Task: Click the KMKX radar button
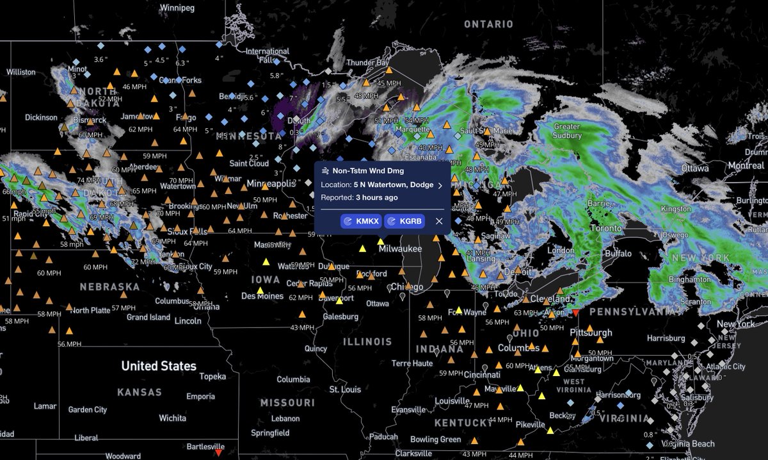pyautogui.click(x=361, y=221)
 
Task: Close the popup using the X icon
pyautogui.click(x=439, y=221)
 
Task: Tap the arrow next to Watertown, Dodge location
pyautogui.click(x=440, y=185)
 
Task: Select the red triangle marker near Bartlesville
pyautogui.click(x=219, y=452)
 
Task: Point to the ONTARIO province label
pyautogui.click(x=488, y=24)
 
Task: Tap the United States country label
pyautogui.click(x=159, y=366)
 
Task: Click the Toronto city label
pyautogui.click(x=605, y=228)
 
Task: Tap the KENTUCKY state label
pyautogui.click(x=463, y=423)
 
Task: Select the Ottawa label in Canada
pyautogui.click(x=694, y=168)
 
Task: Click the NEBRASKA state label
pyautogui.click(x=109, y=286)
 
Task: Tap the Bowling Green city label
pyautogui.click(x=435, y=439)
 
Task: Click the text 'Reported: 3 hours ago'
pyautogui.click(x=359, y=197)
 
